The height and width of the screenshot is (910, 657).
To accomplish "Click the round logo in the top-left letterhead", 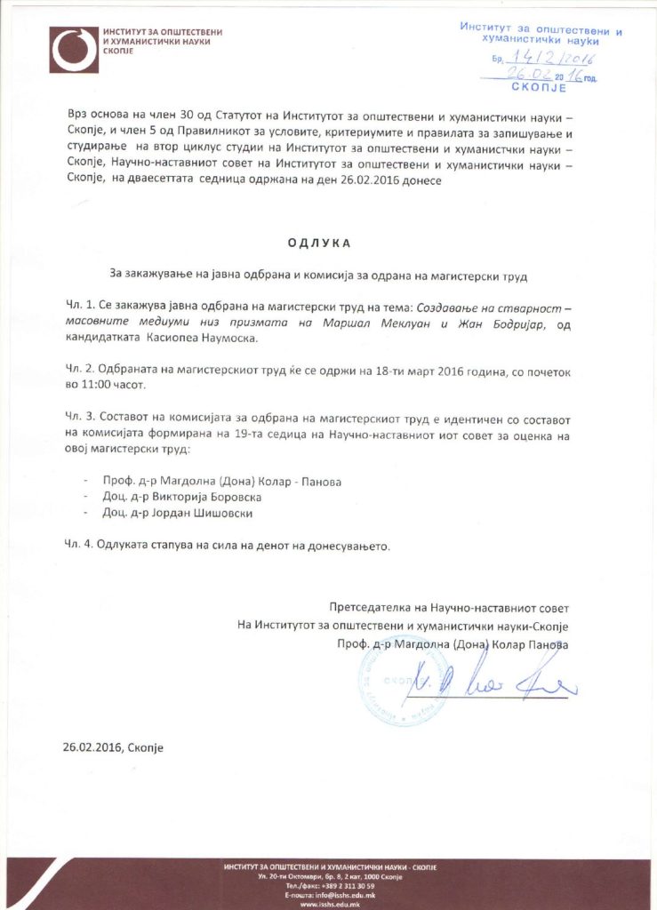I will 75,50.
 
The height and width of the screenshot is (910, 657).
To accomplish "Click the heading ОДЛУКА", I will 319,242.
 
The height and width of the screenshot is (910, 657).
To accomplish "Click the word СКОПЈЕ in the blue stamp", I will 539,88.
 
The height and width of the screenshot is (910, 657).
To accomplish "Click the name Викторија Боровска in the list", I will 201,497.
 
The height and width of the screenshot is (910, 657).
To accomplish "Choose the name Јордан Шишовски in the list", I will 197,513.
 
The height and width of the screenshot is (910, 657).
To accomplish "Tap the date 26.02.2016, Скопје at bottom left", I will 113,747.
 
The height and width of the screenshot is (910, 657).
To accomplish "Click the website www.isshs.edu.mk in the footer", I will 328,904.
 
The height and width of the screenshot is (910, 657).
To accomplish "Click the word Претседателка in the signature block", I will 369,609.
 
